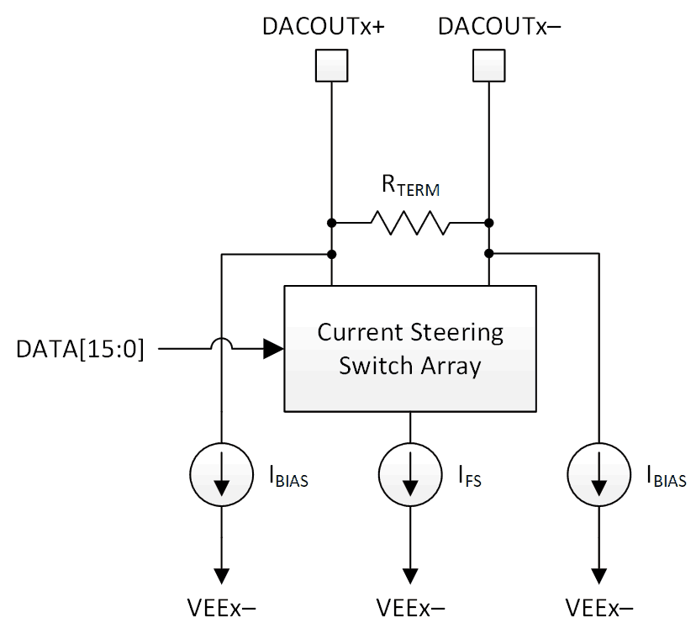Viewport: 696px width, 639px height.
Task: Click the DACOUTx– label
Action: (500, 26)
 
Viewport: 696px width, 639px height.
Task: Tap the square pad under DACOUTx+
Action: (331, 64)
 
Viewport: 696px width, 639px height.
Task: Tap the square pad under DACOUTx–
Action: (489, 64)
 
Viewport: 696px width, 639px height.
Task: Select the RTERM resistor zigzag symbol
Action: (410, 224)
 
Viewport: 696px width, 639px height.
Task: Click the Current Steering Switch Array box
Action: (410, 348)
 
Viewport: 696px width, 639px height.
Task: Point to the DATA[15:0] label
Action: (81, 348)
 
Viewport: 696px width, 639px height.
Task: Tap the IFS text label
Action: (468, 480)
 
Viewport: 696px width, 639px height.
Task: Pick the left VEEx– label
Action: (222, 607)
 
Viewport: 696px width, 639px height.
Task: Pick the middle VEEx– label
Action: (410, 607)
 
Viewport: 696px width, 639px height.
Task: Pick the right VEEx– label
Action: (598, 607)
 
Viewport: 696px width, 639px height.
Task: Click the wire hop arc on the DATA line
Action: (222, 343)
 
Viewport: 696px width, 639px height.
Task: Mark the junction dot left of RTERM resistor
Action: (332, 224)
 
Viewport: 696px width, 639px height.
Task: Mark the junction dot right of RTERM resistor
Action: (489, 224)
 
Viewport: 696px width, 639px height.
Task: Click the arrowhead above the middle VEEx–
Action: (410, 575)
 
